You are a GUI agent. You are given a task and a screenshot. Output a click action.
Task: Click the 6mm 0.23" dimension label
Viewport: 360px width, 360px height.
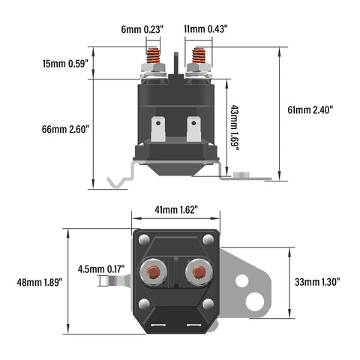[142, 29]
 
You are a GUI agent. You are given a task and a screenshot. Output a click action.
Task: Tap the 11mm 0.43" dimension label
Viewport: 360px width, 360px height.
[205, 29]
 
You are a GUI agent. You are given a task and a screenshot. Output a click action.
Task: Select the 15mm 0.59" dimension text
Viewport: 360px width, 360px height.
[65, 64]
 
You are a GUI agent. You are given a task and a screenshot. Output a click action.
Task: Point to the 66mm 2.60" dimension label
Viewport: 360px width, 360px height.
[65, 130]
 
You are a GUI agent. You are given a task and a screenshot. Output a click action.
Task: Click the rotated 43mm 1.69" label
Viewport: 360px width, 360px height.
[234, 127]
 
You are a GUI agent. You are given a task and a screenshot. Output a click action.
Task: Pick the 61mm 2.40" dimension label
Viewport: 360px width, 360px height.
[310, 109]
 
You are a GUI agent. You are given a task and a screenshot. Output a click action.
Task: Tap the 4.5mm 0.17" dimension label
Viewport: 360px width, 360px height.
[101, 269]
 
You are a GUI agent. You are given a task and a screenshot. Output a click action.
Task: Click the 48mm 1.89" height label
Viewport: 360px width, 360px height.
[40, 283]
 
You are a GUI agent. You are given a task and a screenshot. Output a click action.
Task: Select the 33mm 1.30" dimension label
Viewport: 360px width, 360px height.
[317, 282]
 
